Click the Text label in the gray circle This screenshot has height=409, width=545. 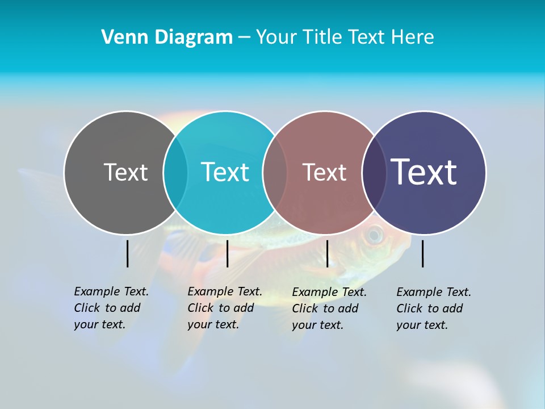125,172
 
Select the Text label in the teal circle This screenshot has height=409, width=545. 225,172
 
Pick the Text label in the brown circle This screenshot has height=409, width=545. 324,173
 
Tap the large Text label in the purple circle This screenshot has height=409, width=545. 424,172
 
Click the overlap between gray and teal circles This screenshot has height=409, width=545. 175,173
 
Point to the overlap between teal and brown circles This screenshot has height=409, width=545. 275,173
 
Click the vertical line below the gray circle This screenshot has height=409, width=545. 128,253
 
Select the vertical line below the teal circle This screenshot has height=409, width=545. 227,253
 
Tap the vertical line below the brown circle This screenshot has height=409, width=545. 327,253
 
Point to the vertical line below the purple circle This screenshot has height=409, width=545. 422,253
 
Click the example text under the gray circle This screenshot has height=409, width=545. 111,308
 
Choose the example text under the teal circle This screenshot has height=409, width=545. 225,308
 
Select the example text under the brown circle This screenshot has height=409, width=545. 329,308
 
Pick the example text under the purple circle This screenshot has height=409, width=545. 434,308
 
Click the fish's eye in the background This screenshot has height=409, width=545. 374,235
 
